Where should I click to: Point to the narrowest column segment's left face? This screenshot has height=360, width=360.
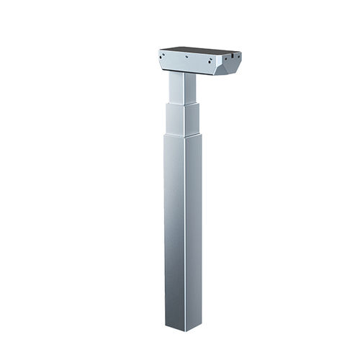pos(175,88)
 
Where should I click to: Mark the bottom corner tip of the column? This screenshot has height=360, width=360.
pos(184,330)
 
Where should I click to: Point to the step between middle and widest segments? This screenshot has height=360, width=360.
pos(183,136)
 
